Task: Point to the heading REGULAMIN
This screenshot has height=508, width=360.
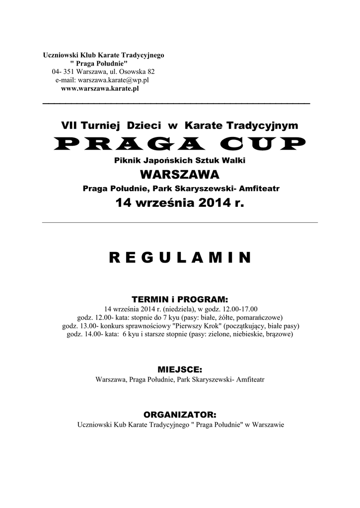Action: pos(180,257)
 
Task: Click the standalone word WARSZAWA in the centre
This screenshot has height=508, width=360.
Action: pos(180,175)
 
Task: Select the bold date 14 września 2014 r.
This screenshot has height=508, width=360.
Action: pos(180,203)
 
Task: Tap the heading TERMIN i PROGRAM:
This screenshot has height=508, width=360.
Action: pos(180,300)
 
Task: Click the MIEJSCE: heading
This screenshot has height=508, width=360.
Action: pos(180,370)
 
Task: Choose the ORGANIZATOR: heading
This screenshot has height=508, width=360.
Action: pos(180,414)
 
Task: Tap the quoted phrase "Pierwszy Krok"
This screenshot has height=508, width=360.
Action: pos(189,326)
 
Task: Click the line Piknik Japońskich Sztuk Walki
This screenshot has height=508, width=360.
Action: pos(180,161)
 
